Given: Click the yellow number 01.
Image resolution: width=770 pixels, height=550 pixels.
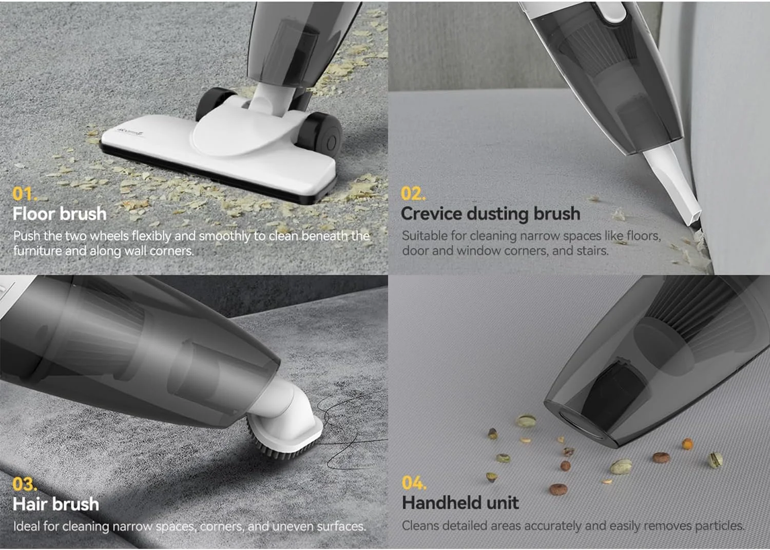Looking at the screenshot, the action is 24,194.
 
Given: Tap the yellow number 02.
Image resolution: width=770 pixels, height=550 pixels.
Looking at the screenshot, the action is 413,194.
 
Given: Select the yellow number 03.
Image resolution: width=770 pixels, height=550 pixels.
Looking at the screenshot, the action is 24,484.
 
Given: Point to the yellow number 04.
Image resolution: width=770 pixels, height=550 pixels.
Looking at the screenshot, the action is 414,483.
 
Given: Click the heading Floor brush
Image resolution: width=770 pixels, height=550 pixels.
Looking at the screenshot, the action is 60,214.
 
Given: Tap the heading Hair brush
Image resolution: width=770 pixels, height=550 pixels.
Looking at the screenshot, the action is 56,504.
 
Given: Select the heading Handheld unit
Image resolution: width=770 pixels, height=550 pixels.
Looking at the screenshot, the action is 460,503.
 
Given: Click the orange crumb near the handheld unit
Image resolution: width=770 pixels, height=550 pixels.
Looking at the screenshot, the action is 687,444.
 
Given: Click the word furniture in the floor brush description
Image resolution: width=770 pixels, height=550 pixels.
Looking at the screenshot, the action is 37,251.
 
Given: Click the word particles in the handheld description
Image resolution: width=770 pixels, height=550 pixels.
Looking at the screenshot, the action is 720,526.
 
